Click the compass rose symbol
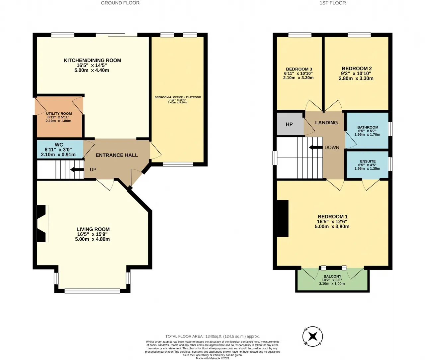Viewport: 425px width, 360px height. [x=312, y=336]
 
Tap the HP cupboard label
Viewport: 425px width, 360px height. [x=289, y=124]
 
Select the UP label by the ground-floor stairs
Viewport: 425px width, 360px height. [x=93, y=170]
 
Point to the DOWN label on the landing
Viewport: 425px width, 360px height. [x=332, y=147]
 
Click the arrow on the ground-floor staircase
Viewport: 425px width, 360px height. [x=77, y=170]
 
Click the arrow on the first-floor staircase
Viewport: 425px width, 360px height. [x=316, y=147]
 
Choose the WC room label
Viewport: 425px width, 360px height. [x=59, y=145]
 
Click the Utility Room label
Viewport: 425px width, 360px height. [x=59, y=113]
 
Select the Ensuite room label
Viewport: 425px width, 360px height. [x=368, y=161]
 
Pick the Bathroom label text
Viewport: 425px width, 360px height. [x=368, y=127]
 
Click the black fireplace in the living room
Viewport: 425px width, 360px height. [x=41, y=223]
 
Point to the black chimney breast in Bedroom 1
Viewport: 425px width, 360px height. [x=283, y=218]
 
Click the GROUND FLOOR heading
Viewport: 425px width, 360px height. [x=120, y=3]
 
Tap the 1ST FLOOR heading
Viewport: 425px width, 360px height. [x=333, y=3]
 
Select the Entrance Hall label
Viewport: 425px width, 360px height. [x=117, y=155]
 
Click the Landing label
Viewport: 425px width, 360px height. [x=326, y=123]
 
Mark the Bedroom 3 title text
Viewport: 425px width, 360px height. [x=299, y=69]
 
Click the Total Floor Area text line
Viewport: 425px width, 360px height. [x=212, y=336]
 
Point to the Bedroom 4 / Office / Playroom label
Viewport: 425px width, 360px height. [x=178, y=97]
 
